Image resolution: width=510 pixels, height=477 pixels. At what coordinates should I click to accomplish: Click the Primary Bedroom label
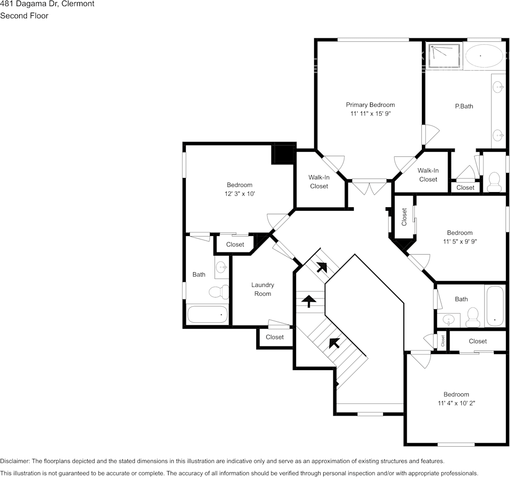(x=370, y=105)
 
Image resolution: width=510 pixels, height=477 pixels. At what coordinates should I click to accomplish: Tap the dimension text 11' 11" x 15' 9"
(x=370, y=114)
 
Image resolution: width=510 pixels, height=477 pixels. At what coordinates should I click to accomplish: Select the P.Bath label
(x=464, y=106)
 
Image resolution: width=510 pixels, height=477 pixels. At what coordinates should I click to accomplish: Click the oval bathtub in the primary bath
(x=483, y=56)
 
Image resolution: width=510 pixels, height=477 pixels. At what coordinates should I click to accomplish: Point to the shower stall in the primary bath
(x=445, y=54)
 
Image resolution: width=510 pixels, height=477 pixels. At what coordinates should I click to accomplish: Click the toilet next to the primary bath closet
(x=494, y=182)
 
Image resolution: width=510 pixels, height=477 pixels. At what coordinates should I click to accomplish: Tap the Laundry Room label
(x=262, y=289)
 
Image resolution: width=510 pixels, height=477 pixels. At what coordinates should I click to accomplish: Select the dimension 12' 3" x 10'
(x=239, y=194)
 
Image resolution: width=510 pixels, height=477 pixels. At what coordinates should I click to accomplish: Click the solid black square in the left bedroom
(x=282, y=154)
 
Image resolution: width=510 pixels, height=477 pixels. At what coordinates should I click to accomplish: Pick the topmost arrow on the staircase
(x=321, y=267)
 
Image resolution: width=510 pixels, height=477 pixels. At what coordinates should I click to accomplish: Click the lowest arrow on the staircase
(x=333, y=343)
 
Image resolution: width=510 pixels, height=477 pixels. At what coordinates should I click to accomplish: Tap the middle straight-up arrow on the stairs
(x=308, y=301)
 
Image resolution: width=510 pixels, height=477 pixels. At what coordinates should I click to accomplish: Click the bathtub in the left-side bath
(x=207, y=315)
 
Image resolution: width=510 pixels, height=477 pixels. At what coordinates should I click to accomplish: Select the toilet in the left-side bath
(x=218, y=292)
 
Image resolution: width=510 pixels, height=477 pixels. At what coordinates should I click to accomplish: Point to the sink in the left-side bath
(x=222, y=267)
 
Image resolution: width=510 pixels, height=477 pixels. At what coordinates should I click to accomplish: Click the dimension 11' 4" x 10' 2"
(x=456, y=403)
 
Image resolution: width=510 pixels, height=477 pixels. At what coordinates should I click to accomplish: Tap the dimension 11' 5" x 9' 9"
(x=460, y=242)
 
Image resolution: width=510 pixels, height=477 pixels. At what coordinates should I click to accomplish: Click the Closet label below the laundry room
(x=274, y=337)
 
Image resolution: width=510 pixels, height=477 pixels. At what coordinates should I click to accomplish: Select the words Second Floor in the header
(x=24, y=16)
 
